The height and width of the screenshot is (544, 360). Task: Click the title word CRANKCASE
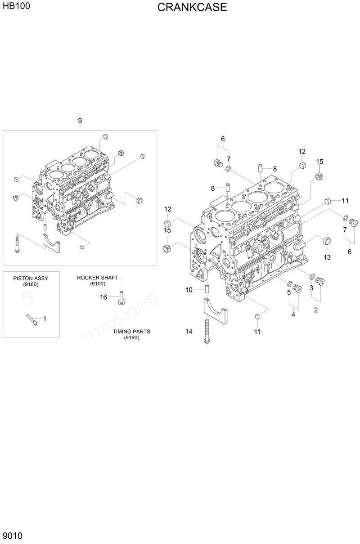[192, 8]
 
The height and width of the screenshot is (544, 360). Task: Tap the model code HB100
[14, 7]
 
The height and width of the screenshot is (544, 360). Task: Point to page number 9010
[13, 535]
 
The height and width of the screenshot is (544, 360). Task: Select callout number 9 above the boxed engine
[80, 121]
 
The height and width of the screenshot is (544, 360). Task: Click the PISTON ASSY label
[31, 279]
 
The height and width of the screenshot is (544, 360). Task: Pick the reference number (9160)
[31, 284]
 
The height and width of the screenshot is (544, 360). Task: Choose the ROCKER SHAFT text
[97, 278]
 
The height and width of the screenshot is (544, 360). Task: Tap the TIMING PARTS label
[131, 332]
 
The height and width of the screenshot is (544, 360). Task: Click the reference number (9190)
[131, 337]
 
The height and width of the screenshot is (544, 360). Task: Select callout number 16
[103, 297]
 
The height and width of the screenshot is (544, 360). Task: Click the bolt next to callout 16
[121, 298]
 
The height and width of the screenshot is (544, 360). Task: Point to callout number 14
[189, 332]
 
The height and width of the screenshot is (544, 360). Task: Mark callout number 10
[189, 290]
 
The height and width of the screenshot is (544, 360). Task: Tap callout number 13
[327, 257]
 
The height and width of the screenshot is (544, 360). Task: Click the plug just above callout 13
[327, 241]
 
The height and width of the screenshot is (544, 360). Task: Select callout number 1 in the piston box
[45, 318]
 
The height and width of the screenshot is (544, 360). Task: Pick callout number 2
[316, 310]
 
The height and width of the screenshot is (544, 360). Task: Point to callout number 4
[293, 315]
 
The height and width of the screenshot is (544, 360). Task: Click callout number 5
[289, 292]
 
